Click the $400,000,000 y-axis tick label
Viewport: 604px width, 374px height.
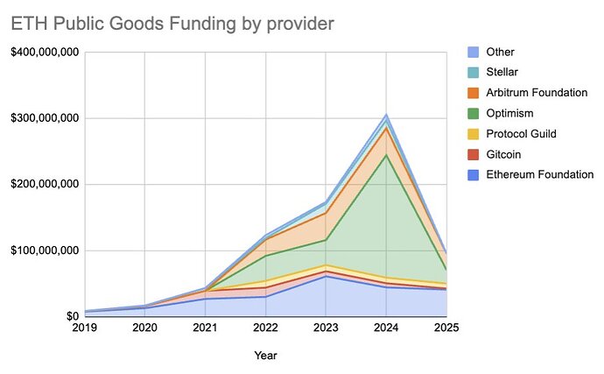coord(45,53)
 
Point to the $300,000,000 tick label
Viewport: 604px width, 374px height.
coord(45,118)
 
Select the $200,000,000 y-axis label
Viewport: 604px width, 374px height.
coord(45,185)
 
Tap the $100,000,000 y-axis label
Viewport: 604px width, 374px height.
coord(45,251)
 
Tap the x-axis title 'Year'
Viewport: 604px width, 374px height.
coord(265,356)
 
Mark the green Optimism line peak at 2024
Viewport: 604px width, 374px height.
coord(386,154)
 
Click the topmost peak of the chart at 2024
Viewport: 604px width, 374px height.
coord(386,115)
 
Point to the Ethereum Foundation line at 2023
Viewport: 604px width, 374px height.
coord(326,276)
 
